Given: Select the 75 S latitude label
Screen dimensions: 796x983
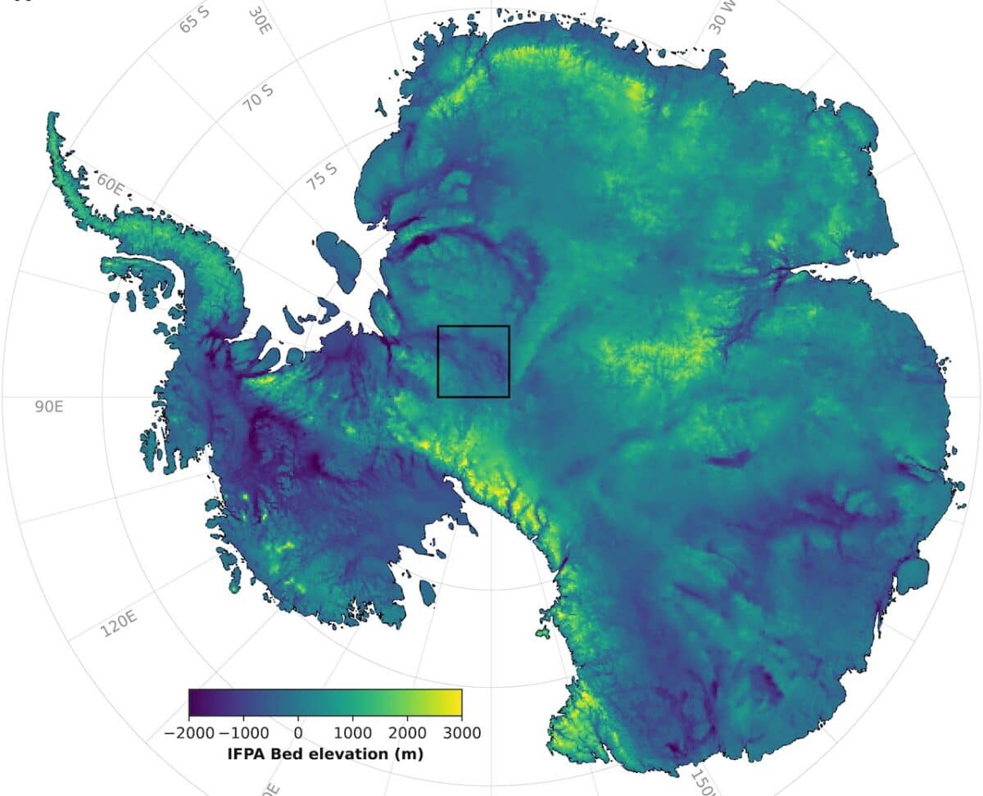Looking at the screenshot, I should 322,176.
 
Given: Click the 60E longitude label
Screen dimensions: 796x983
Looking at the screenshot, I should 110,181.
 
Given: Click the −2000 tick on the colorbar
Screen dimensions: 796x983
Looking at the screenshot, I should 189,731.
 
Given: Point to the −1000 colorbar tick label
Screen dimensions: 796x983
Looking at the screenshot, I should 244,731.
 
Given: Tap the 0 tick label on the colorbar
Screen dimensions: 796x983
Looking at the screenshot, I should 298,731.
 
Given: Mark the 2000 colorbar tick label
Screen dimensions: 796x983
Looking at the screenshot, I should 407,731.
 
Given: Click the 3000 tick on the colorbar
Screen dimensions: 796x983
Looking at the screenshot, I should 461,731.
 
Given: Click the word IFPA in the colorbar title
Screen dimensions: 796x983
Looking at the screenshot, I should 247,753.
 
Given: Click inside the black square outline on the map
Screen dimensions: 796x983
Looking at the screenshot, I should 473,361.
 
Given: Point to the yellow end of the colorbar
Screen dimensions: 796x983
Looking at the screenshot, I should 455,703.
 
